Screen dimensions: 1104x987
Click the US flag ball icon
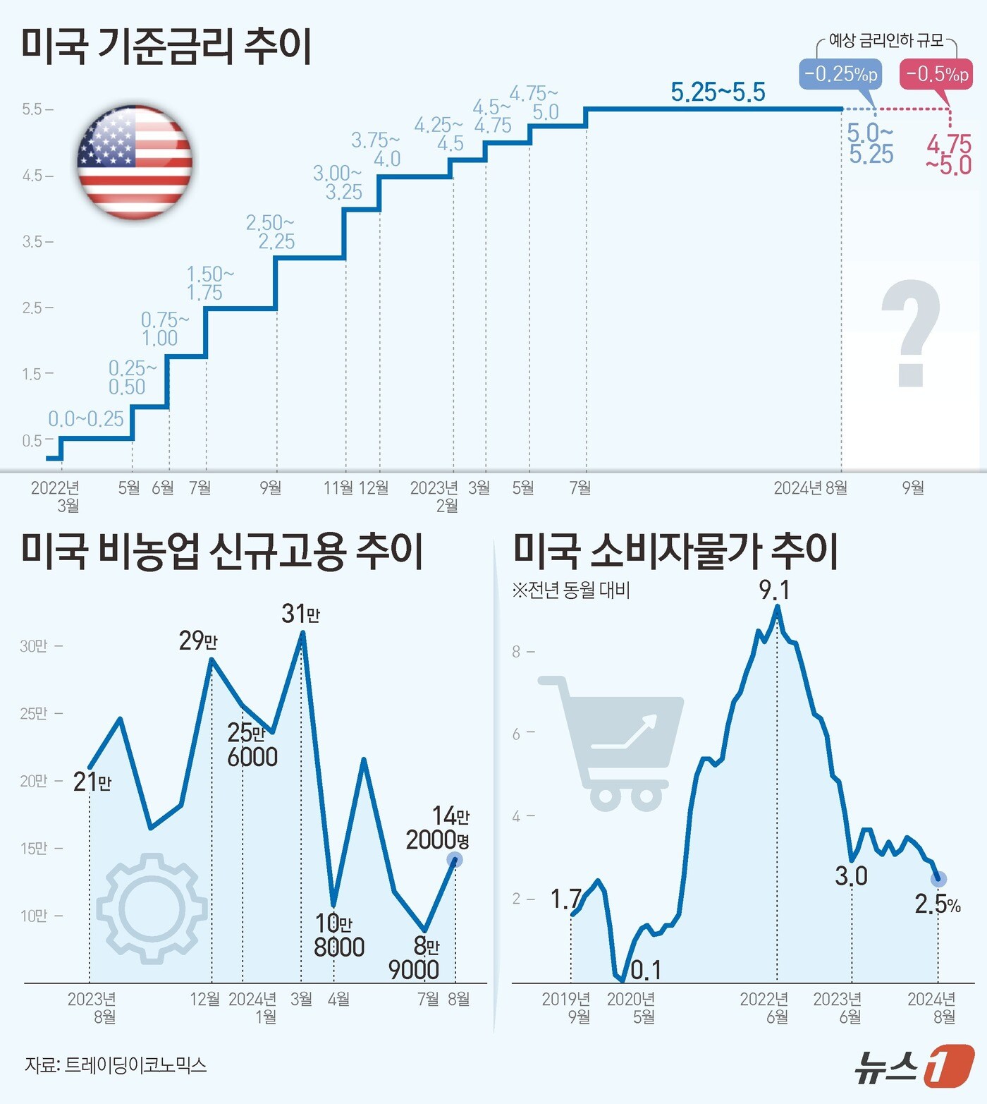[x=135, y=162]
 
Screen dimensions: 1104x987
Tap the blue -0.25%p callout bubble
[x=840, y=73]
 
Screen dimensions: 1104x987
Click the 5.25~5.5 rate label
[x=718, y=92]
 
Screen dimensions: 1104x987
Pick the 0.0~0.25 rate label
[x=86, y=419]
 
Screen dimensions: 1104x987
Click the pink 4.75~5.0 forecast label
[x=949, y=155]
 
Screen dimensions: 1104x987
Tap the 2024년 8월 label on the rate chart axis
[x=810, y=488]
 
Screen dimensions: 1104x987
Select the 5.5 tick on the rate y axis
[x=32, y=109]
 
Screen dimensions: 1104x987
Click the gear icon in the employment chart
[x=152, y=908]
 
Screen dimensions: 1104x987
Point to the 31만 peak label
[x=300, y=614]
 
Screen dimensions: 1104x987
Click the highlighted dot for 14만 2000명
[x=455, y=860]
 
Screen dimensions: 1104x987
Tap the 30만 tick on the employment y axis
[x=34, y=646]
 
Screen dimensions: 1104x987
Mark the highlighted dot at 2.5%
[x=938, y=879]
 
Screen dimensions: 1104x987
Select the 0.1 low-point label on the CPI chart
[x=646, y=971]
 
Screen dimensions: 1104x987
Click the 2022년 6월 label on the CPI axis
[x=764, y=1007]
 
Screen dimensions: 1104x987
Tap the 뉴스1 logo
[x=914, y=1066]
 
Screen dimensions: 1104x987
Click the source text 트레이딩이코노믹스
[x=135, y=1065]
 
